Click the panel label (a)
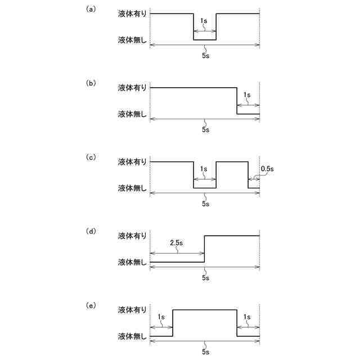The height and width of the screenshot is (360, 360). [x=90, y=10]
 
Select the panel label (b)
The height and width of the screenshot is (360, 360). [x=90, y=83]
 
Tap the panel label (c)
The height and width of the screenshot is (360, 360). [x=90, y=157]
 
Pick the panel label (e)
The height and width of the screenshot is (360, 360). [x=90, y=305]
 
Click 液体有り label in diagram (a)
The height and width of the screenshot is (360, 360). [x=132, y=13]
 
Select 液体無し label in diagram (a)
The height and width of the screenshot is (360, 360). [x=132, y=40]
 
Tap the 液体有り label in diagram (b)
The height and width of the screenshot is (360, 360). [x=132, y=88]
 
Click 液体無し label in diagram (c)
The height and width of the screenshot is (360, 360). [x=132, y=188]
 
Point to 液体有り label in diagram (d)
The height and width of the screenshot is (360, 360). [x=132, y=236]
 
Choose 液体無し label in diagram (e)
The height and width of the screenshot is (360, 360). [x=132, y=336]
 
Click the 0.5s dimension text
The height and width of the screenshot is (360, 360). [x=267, y=168]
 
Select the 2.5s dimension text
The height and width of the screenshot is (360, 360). [x=177, y=244]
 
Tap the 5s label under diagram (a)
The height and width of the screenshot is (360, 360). [x=205, y=56]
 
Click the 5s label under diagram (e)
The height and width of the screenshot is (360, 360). [x=205, y=353]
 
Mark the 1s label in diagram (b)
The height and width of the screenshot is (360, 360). [x=247, y=95]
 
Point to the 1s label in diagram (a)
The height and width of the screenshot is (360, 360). [x=204, y=21]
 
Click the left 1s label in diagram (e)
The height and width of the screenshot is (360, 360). [x=161, y=317]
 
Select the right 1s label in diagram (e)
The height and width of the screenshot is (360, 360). [x=248, y=317]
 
